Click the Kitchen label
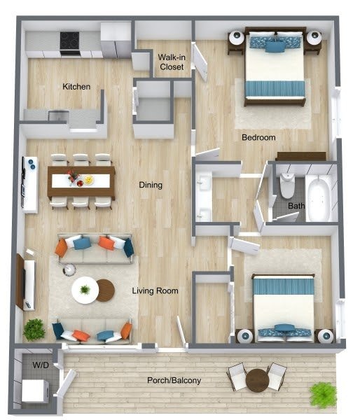pos(76,87)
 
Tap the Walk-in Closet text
pos(172,62)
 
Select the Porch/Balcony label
pos(174,380)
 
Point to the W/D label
pos(41,365)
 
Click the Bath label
pos(296,206)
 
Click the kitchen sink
pos(58,115)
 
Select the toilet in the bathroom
pos(287,185)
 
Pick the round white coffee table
pos(85,290)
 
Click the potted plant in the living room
pos(34,330)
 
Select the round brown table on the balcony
pos(257,380)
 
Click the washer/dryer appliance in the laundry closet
pos(35,391)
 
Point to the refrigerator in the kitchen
pos(116,40)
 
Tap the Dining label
pos(151,185)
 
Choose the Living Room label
pos(155,290)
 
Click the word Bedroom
pos(258,137)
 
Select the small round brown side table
pos(106,290)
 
